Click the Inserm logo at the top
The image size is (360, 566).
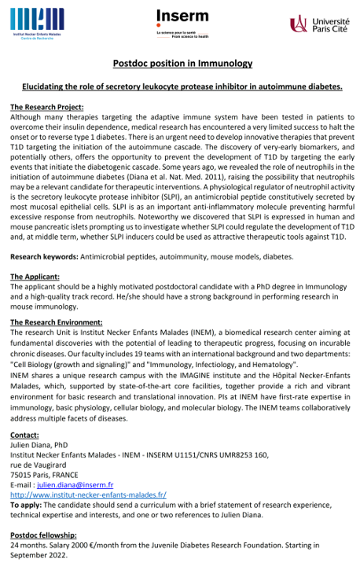click(x=181, y=21)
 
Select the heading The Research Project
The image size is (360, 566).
click(x=57, y=107)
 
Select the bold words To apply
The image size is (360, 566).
click(x=28, y=505)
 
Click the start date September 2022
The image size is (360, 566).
click(x=34, y=554)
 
